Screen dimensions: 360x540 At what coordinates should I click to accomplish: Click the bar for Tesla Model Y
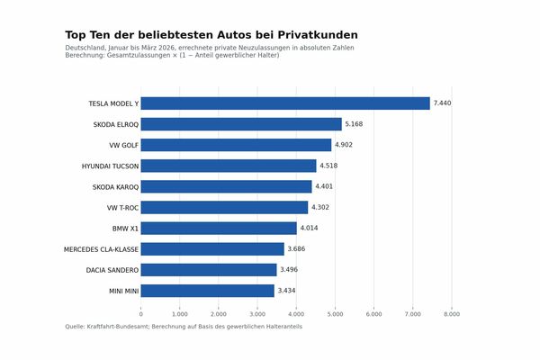pos(285,103)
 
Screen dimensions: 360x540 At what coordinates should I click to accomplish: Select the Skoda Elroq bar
pos(241,124)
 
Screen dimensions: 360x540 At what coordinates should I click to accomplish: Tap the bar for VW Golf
pos(236,145)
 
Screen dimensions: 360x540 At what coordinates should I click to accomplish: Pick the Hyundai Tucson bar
pos(229,166)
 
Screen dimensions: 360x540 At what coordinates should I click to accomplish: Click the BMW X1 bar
pos(219,229)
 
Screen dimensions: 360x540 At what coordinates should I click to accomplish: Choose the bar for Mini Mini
pos(208,291)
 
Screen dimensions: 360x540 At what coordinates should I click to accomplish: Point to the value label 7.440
pos(442,103)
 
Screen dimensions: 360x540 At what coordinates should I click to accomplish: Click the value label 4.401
pos(324,187)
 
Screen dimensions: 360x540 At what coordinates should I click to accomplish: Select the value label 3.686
pos(296,249)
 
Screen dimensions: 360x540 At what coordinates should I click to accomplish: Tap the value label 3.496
pos(289,270)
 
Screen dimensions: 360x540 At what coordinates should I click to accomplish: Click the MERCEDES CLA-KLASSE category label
pos(101,249)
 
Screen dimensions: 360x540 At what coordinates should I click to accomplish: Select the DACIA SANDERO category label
pos(112,270)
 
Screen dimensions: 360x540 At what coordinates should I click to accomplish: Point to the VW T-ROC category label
pos(122,208)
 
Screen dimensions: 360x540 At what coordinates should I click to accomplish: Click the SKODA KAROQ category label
pos(115,187)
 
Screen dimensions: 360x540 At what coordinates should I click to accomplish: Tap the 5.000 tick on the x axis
pos(335,314)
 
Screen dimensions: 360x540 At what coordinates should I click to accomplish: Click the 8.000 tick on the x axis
pos(452,314)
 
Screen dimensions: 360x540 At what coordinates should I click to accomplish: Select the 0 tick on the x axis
pos(141,314)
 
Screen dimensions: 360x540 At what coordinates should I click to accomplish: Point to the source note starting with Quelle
pos(184,327)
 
